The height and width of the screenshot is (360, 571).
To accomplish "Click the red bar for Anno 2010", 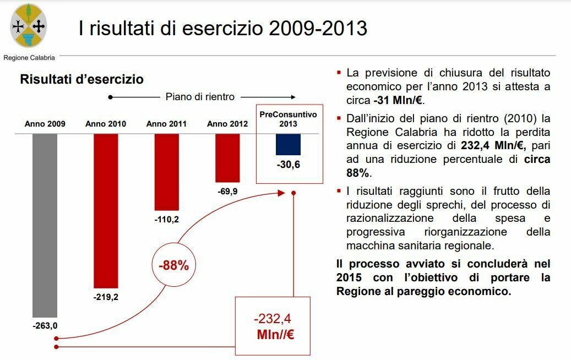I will [x=106, y=210].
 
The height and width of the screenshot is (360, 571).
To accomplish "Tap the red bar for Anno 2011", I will [x=166, y=172].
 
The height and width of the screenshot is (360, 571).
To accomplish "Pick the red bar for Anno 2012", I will [x=227, y=157].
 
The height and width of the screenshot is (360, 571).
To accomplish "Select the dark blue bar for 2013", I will [x=288, y=144].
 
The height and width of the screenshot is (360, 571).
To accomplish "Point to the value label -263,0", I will [x=45, y=325].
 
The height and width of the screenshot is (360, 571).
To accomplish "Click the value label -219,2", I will [x=106, y=297].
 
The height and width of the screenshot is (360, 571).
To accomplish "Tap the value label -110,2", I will [x=166, y=219].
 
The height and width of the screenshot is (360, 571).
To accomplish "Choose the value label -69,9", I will [x=227, y=191].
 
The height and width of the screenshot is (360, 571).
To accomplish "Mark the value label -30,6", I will [x=288, y=164].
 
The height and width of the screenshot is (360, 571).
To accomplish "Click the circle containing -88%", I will [x=173, y=265].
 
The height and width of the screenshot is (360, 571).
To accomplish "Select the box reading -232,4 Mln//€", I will [x=273, y=326].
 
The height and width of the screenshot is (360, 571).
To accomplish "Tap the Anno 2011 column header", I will [x=166, y=124].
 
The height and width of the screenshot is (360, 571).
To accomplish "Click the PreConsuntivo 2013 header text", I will [x=288, y=119].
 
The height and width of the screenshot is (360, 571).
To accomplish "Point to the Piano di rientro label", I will [x=200, y=97].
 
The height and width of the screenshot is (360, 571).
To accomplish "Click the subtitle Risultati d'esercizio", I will [x=82, y=79].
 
